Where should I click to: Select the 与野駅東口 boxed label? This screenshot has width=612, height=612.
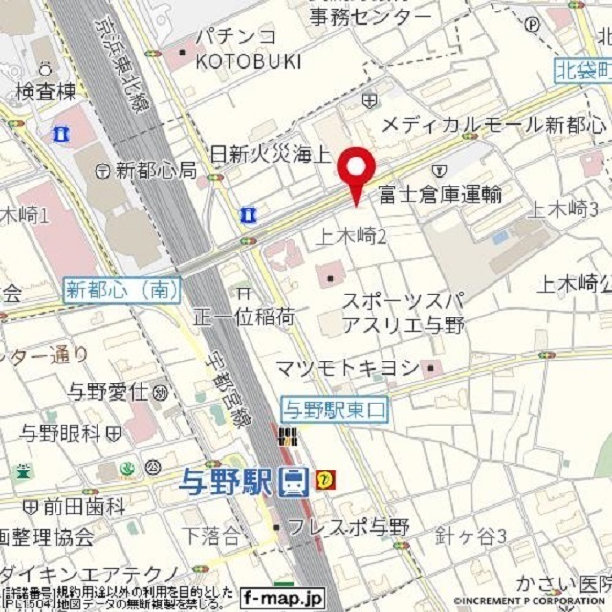coord(334,408)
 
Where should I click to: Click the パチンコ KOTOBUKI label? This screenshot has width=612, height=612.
coord(248,49)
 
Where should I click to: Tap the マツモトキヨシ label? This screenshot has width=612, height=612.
coord(348,368)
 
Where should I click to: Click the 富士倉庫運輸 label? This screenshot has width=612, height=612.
coord(440,194)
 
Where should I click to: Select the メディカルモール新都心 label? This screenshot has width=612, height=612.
coord(493,125)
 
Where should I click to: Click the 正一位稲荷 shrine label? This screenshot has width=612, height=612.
coord(244,316)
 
